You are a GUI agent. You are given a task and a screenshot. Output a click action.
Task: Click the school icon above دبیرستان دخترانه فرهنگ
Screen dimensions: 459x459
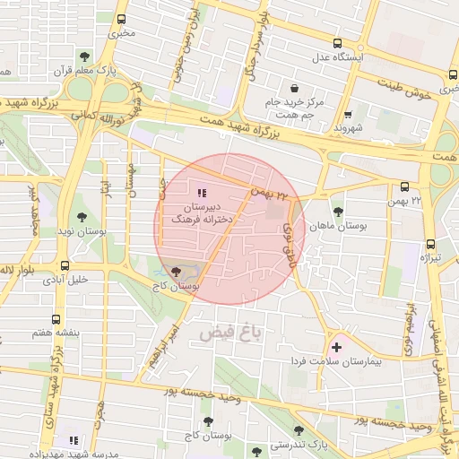point(200,192)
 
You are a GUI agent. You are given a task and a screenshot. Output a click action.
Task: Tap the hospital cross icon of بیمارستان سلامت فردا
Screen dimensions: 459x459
point(336,346)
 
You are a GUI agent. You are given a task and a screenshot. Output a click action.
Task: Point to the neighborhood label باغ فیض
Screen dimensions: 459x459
point(234,333)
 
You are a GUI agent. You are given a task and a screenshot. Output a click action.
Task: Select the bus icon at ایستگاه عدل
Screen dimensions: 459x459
point(337,43)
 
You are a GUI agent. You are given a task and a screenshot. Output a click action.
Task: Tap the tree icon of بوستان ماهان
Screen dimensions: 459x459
point(337,212)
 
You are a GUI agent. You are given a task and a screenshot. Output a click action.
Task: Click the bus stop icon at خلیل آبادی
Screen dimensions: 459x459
point(65,265)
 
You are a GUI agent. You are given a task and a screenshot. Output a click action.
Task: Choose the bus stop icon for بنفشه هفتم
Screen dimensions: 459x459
point(56,319)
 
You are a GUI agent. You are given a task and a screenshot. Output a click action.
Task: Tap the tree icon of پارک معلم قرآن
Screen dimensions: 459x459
point(84,56)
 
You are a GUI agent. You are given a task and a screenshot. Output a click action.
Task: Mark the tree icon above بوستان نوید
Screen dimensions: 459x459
point(82,217)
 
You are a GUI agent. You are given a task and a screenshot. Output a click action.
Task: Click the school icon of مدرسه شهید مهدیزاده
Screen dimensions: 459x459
point(74,440)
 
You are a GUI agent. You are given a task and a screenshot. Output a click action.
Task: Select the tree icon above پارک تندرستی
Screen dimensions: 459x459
point(300,429)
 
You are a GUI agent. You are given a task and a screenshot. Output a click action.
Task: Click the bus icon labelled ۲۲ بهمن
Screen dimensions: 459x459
point(404,187)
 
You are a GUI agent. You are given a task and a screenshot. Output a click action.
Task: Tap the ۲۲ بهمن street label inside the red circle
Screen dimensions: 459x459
point(272,192)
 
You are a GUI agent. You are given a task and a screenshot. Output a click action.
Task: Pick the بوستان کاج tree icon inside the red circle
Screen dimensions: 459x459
point(175,270)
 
